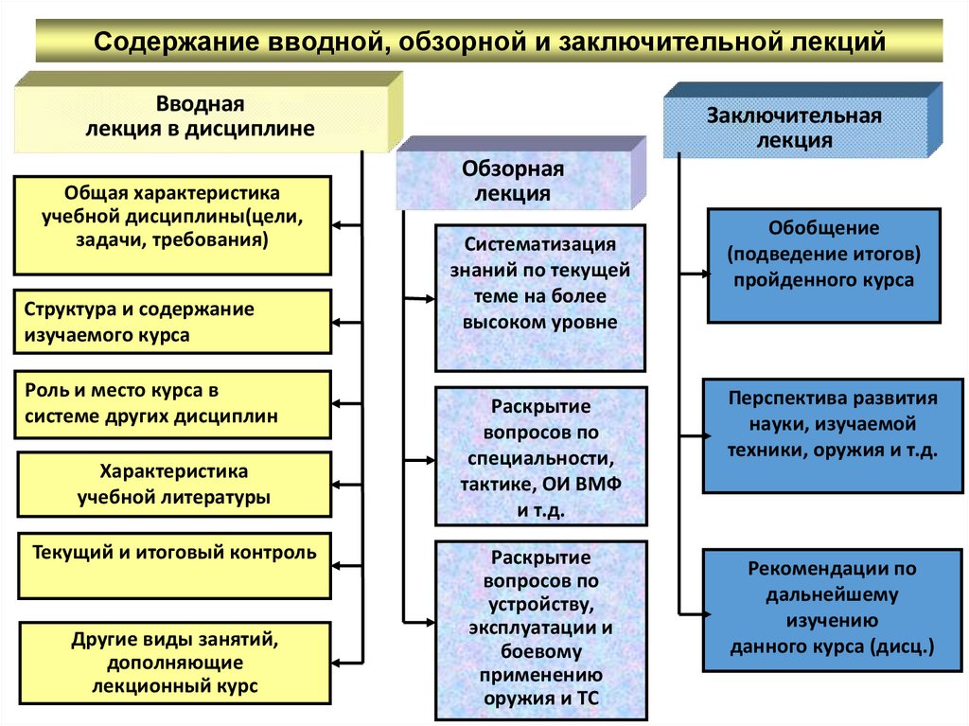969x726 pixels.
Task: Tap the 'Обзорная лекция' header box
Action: (x=513, y=181)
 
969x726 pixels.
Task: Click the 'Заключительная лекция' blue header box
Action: (x=794, y=128)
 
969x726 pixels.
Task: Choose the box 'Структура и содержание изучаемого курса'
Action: (x=172, y=322)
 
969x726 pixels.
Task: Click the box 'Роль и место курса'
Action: (x=172, y=403)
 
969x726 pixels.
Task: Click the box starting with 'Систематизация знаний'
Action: (x=539, y=296)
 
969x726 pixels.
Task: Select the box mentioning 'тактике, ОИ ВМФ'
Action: (x=539, y=455)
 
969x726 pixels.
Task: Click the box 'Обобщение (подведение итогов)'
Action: (x=823, y=265)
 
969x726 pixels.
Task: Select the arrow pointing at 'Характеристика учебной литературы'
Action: (x=347, y=484)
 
